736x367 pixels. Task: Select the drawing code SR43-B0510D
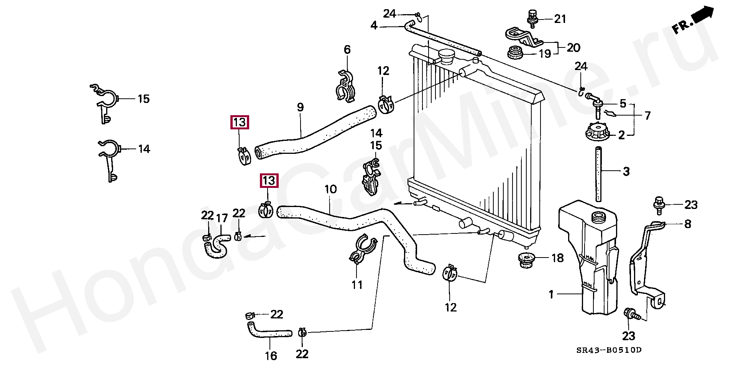click(x=609, y=350)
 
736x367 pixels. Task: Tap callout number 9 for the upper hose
click(x=300, y=108)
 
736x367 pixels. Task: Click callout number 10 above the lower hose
click(x=330, y=189)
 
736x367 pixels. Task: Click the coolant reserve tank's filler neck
click(x=598, y=217)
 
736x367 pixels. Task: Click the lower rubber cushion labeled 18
click(x=527, y=260)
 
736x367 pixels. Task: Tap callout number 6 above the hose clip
click(x=347, y=49)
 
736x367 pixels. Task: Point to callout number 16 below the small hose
click(x=271, y=356)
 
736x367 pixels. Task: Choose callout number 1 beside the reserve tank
click(x=551, y=294)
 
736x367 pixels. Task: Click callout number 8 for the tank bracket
click(x=688, y=224)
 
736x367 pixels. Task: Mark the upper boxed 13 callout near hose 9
click(x=240, y=122)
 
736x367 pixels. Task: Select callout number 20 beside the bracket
click(x=573, y=48)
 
